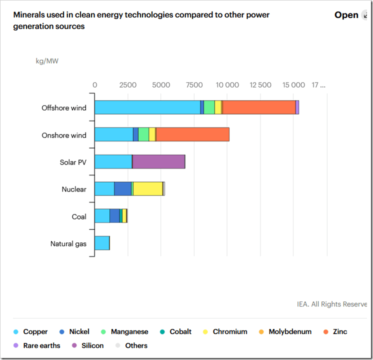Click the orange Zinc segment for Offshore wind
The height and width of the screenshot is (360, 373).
259,107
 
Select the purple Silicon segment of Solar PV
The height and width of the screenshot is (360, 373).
158,161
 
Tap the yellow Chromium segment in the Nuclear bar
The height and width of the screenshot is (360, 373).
148,188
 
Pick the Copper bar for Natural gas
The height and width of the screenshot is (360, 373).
102,243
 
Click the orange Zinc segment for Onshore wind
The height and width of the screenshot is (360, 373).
192,134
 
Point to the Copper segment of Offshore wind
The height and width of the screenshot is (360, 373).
147,107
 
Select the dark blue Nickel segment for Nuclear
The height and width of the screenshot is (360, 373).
122,188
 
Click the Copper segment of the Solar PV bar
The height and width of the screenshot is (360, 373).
113,161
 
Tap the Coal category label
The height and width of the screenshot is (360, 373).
79,216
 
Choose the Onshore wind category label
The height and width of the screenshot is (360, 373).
64,135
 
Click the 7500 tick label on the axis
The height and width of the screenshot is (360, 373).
194,85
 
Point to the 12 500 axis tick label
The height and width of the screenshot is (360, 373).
260,85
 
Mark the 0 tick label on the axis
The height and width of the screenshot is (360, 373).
95,85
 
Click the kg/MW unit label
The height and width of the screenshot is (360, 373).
47,61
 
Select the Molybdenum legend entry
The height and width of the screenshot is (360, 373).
285,331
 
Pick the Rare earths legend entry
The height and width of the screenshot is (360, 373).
37,345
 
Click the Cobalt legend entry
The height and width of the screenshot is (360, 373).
176,331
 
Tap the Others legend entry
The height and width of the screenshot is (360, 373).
132,345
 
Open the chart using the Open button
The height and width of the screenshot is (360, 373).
346,15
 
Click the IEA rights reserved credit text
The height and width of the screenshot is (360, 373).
332,304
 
